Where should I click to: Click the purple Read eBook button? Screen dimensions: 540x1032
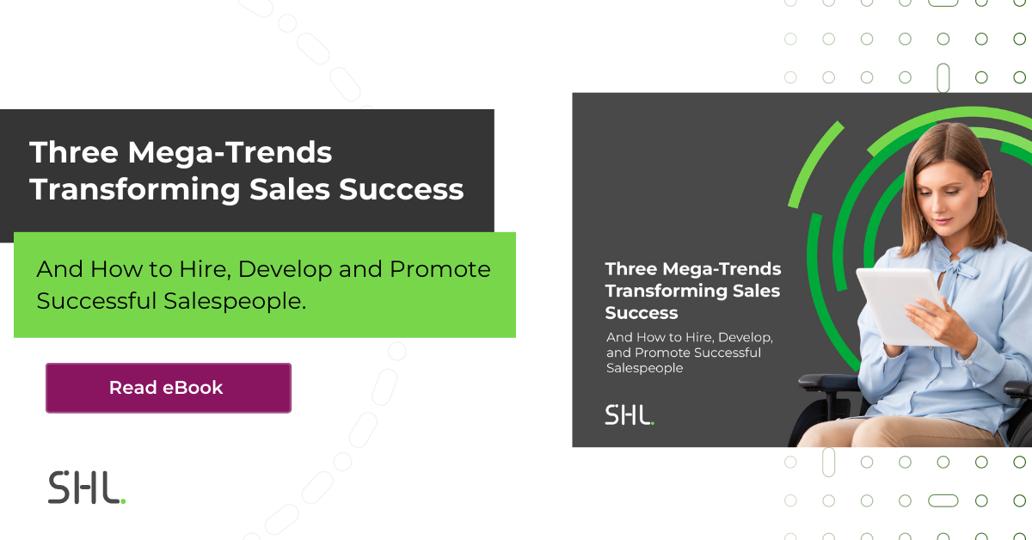coord(169,388)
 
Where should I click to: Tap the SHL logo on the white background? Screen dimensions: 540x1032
coord(86,488)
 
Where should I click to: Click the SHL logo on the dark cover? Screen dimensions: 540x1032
coord(629,414)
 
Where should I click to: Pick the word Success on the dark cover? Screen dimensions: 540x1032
coord(642,313)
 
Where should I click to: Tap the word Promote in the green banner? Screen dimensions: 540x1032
coord(440,269)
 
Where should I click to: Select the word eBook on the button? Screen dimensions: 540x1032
coord(193,388)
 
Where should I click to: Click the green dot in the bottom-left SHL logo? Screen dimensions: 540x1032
coord(123,500)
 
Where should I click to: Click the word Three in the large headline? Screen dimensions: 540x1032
coord(72,153)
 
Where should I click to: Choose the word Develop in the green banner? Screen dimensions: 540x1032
coord(284,269)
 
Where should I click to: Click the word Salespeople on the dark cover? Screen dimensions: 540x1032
coord(644,368)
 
